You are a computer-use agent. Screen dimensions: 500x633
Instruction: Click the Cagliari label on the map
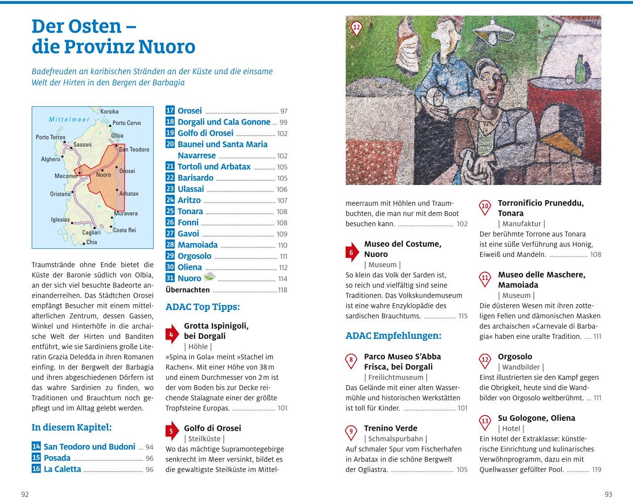click(x=91, y=232)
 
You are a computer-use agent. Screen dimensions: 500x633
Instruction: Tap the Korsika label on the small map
click(x=109, y=112)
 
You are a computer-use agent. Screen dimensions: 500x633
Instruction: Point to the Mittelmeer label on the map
click(x=69, y=120)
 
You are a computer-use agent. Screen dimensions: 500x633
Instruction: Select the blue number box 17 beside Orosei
click(x=170, y=110)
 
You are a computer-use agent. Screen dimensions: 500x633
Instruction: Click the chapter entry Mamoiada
click(x=197, y=245)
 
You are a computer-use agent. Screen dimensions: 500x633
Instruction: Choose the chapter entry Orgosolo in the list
click(x=194, y=256)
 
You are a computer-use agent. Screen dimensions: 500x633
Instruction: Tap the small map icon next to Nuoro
click(x=209, y=277)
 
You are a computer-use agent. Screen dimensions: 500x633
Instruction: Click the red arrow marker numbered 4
click(x=172, y=334)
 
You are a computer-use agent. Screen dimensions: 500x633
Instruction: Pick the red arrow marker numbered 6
click(x=352, y=252)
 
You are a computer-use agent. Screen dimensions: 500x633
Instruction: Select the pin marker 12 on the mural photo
click(x=356, y=28)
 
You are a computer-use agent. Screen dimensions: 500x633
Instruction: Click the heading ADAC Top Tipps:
click(x=202, y=307)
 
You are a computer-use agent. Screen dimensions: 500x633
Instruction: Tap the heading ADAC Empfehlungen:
click(x=393, y=336)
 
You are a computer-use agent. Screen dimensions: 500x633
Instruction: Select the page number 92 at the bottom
click(x=25, y=494)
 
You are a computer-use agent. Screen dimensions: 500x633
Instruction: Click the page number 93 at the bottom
click(x=608, y=494)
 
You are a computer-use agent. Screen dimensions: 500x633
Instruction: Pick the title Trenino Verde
click(x=390, y=429)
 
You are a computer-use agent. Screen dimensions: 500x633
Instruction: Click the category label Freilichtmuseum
click(x=396, y=378)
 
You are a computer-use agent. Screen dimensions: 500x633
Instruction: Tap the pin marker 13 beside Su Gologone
click(x=485, y=421)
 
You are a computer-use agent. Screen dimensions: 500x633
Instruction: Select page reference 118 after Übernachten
click(x=282, y=290)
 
